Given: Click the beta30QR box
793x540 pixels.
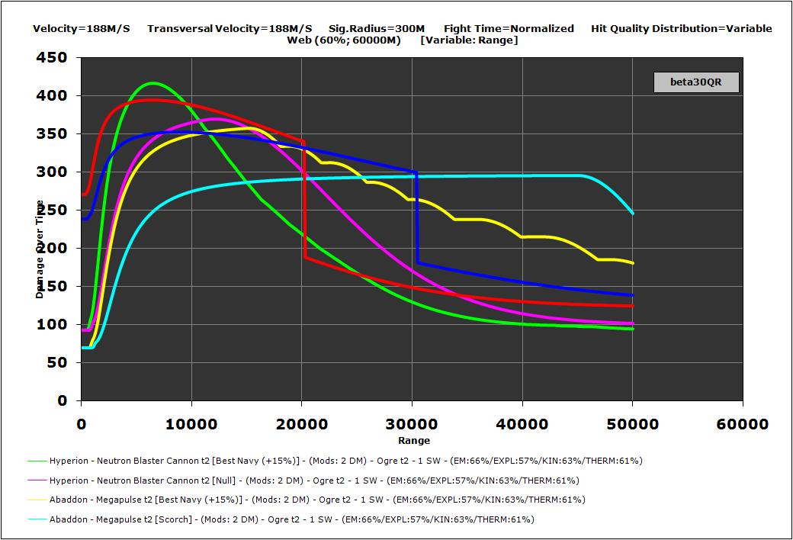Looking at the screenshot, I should coord(696,82).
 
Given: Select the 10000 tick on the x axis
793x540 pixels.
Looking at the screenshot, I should coord(191,424).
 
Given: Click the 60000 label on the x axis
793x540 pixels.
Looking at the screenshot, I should coord(743,424).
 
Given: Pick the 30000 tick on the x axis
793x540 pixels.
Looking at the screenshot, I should coord(412,424).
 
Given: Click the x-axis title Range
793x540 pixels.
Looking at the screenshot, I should coord(413,440).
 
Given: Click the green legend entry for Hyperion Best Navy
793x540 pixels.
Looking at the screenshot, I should coord(335,461).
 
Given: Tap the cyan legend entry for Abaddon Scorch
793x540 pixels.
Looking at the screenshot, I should coord(281,519).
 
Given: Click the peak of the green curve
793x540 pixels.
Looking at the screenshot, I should coord(152,83).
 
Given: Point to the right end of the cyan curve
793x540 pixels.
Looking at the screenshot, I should coord(632,213).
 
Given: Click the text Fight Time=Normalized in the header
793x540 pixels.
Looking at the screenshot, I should coord(509,29).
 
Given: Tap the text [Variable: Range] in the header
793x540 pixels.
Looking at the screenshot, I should coord(469,40).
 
